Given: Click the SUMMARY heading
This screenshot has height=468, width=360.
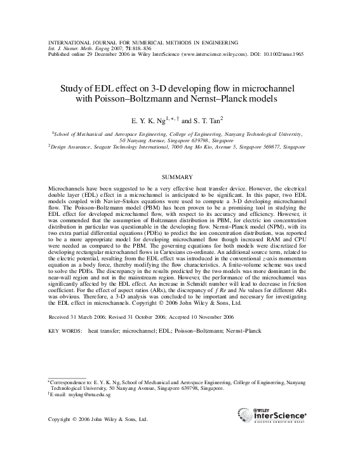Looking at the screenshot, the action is [x=179, y=177].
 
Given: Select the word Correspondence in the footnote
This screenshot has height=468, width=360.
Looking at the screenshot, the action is [x=70, y=382].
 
